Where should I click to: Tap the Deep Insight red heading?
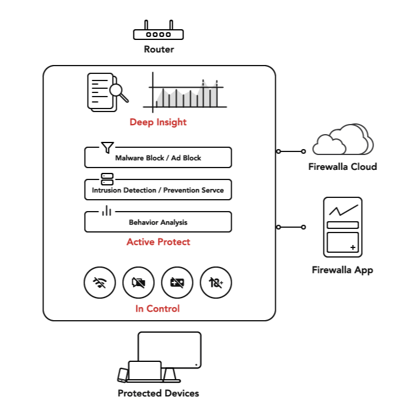(x=158, y=122)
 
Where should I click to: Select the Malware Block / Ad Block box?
(x=158, y=158)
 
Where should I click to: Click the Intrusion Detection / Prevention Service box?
(x=158, y=190)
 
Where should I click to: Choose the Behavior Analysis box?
(x=158, y=222)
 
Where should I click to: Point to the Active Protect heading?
(x=158, y=242)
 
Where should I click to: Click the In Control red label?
(x=157, y=308)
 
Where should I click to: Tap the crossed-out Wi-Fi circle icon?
(x=99, y=283)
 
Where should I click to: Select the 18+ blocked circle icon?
(x=216, y=283)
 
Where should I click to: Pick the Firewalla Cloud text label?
(x=343, y=167)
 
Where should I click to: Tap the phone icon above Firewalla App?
(x=343, y=227)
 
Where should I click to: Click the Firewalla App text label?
(x=343, y=270)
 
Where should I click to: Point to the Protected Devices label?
(x=158, y=393)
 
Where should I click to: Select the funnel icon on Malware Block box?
(x=107, y=147)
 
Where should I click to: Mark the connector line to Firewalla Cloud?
(x=291, y=151)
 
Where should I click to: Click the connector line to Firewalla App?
(x=291, y=227)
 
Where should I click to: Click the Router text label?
(x=158, y=49)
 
